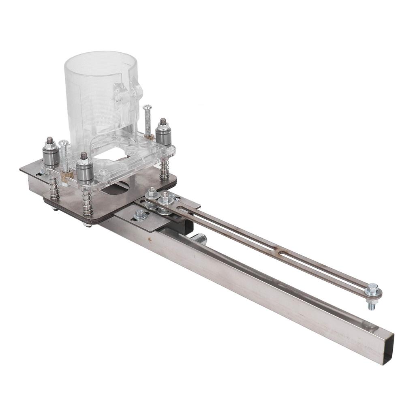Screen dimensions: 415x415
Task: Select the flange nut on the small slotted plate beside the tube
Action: (x=140, y=214)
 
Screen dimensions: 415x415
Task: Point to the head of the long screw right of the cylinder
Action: (x=147, y=108)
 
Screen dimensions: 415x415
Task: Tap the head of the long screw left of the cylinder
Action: (x=64, y=143)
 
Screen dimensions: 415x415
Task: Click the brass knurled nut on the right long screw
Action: (x=149, y=137)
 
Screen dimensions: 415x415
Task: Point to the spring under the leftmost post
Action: (x=54, y=187)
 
